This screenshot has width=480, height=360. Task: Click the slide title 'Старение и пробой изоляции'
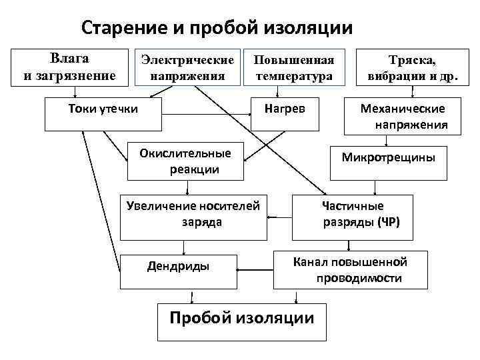coord(217,28)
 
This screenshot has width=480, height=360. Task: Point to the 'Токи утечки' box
coord(103,113)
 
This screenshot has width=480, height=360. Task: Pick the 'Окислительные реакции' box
coord(185,161)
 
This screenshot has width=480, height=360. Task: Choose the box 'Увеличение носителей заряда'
coord(193,215)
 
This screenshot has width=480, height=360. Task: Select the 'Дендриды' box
coord(178,272)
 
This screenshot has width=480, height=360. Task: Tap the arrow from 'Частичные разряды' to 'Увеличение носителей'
coord(279,216)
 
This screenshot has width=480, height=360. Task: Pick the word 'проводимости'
coord(359,278)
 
